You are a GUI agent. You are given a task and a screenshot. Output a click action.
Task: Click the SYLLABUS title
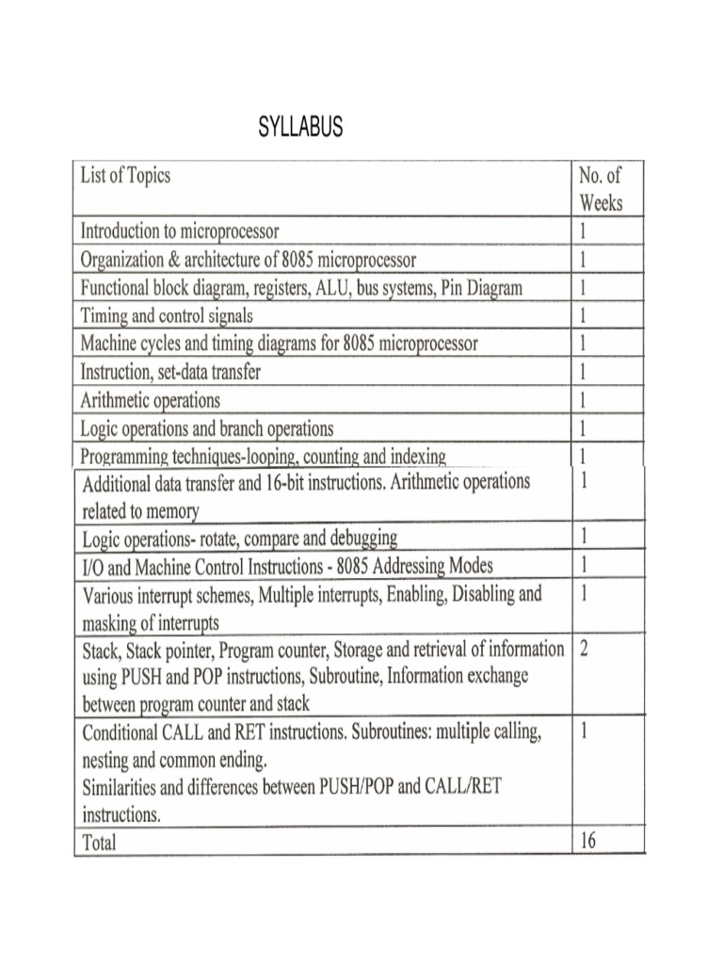pyautogui.click(x=300, y=128)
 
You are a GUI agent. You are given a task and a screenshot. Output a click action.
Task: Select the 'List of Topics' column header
pyautogui.click(x=125, y=176)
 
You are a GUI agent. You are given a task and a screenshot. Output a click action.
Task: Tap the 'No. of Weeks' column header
pyautogui.click(x=601, y=188)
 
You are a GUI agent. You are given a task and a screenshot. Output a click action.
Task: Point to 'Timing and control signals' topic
pyautogui.click(x=167, y=315)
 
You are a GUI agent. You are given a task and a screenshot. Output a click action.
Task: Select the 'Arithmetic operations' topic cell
pyautogui.click(x=151, y=400)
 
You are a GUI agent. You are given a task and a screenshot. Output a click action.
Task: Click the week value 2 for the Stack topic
pyautogui.click(x=585, y=651)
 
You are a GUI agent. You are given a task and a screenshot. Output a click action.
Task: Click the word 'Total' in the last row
pyautogui.click(x=100, y=843)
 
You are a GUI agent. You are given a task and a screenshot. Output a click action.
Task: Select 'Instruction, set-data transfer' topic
pyautogui.click(x=170, y=372)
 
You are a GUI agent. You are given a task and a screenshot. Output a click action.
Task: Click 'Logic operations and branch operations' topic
pyautogui.click(x=207, y=428)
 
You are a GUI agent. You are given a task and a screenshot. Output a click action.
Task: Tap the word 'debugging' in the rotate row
pyautogui.click(x=354, y=538)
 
